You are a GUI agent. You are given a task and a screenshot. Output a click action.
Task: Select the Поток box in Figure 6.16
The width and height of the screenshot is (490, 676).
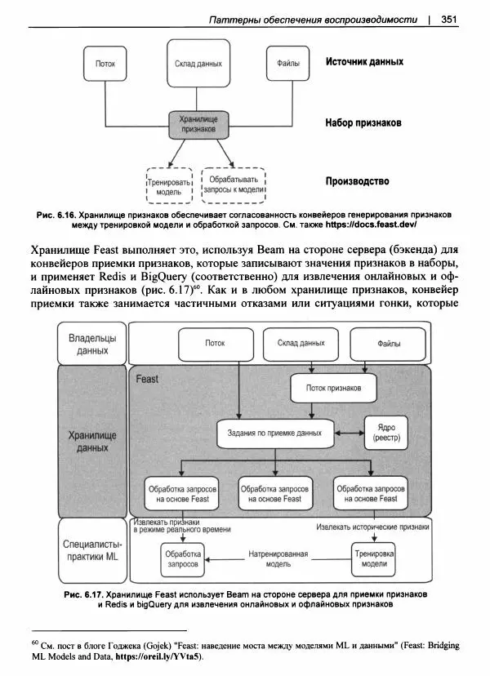105,64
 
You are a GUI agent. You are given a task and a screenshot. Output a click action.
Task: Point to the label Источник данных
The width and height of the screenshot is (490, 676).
364,61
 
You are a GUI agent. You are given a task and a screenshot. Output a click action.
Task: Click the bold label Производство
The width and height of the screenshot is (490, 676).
357,180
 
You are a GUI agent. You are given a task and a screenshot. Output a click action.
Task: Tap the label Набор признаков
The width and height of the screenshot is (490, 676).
363,123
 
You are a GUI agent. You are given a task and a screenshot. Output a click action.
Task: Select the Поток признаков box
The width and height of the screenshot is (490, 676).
334,388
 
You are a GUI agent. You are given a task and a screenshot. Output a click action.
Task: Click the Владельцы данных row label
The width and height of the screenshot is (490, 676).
92,343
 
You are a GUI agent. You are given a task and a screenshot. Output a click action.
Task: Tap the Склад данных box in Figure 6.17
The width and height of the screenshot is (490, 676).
301,344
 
